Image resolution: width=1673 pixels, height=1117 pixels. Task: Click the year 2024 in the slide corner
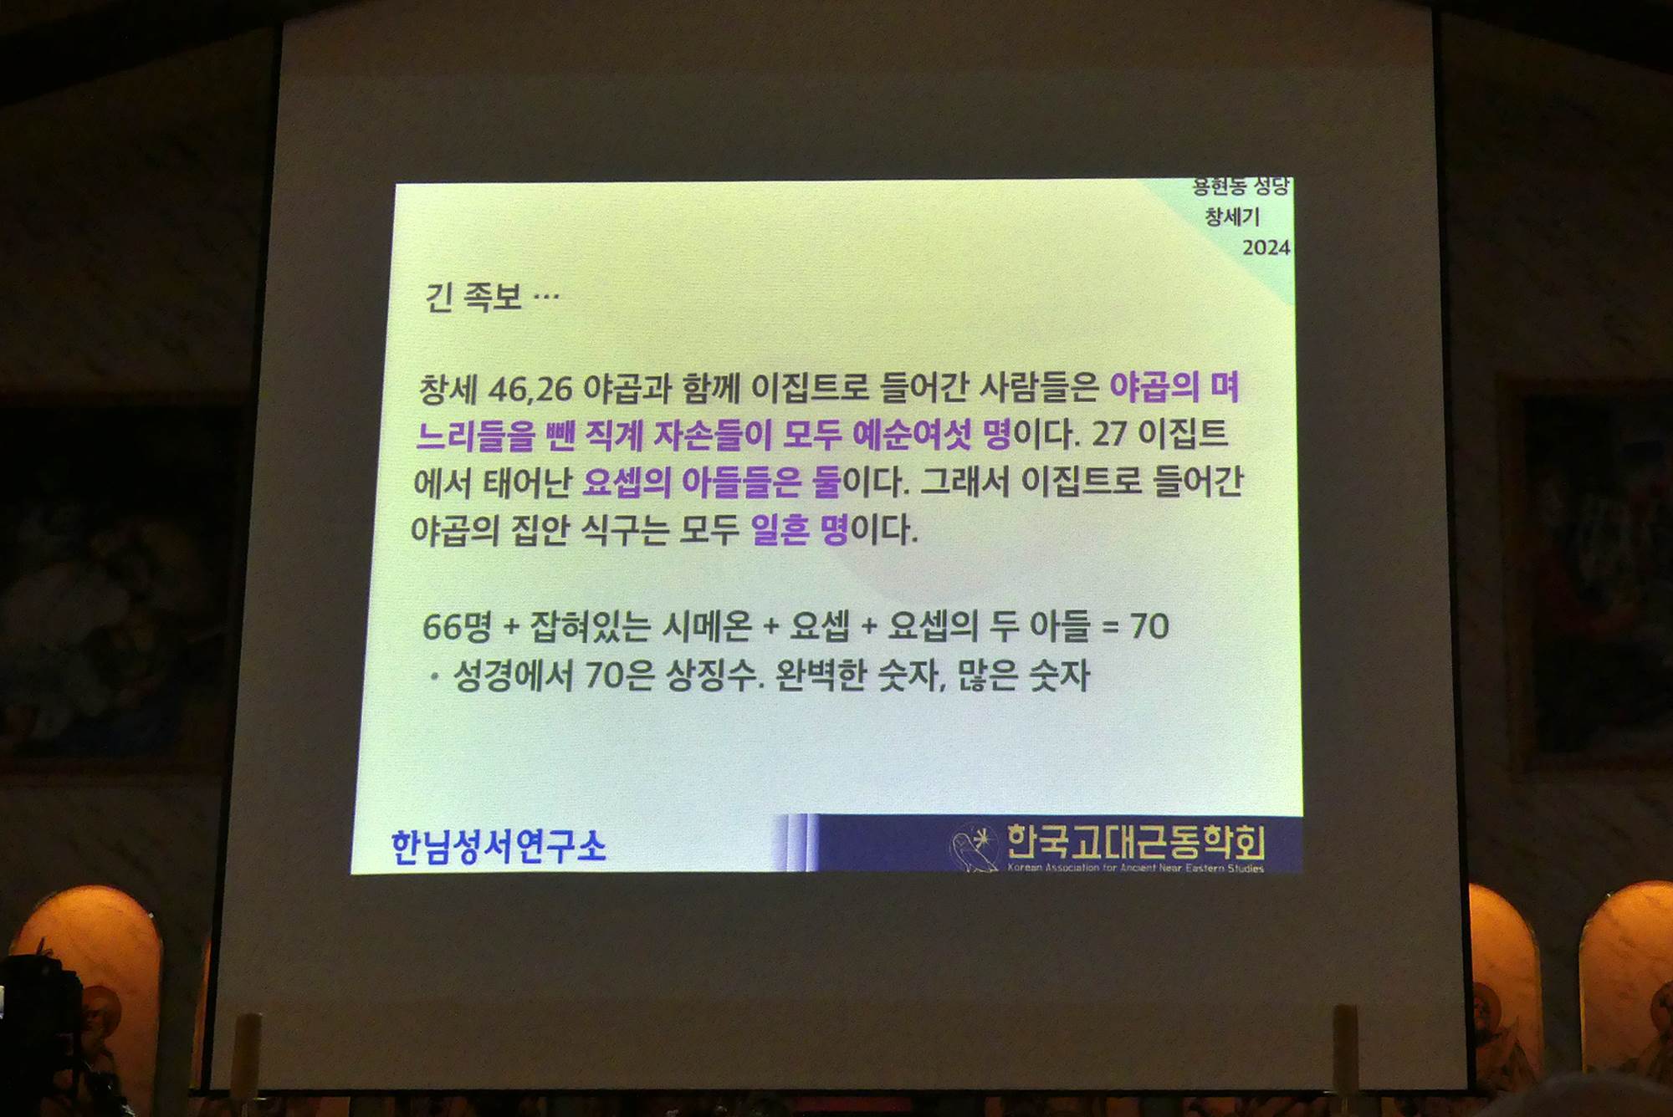point(1266,247)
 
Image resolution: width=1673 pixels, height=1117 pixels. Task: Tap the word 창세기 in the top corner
point(1232,217)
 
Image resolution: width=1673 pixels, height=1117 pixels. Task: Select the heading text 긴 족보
point(473,297)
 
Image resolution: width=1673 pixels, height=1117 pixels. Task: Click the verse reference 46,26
point(530,390)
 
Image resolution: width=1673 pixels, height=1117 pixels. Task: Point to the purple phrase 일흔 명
point(800,529)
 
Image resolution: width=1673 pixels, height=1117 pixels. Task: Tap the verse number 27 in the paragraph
point(1110,434)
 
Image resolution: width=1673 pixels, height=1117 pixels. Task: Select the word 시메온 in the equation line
point(707,626)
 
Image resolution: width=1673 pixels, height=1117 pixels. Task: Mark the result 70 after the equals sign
point(1149,626)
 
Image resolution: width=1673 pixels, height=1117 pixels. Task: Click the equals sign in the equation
point(1110,628)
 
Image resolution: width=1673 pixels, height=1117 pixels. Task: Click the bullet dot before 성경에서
point(434,677)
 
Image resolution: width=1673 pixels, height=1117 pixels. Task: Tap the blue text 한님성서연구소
point(499,847)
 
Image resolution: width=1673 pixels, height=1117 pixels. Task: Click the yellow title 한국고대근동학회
point(1136,842)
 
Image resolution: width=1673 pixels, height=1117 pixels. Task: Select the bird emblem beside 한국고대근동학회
point(975,847)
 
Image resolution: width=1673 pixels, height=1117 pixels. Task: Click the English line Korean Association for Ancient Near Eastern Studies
point(1136,868)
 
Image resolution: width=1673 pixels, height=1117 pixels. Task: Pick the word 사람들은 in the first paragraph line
point(1038,387)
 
